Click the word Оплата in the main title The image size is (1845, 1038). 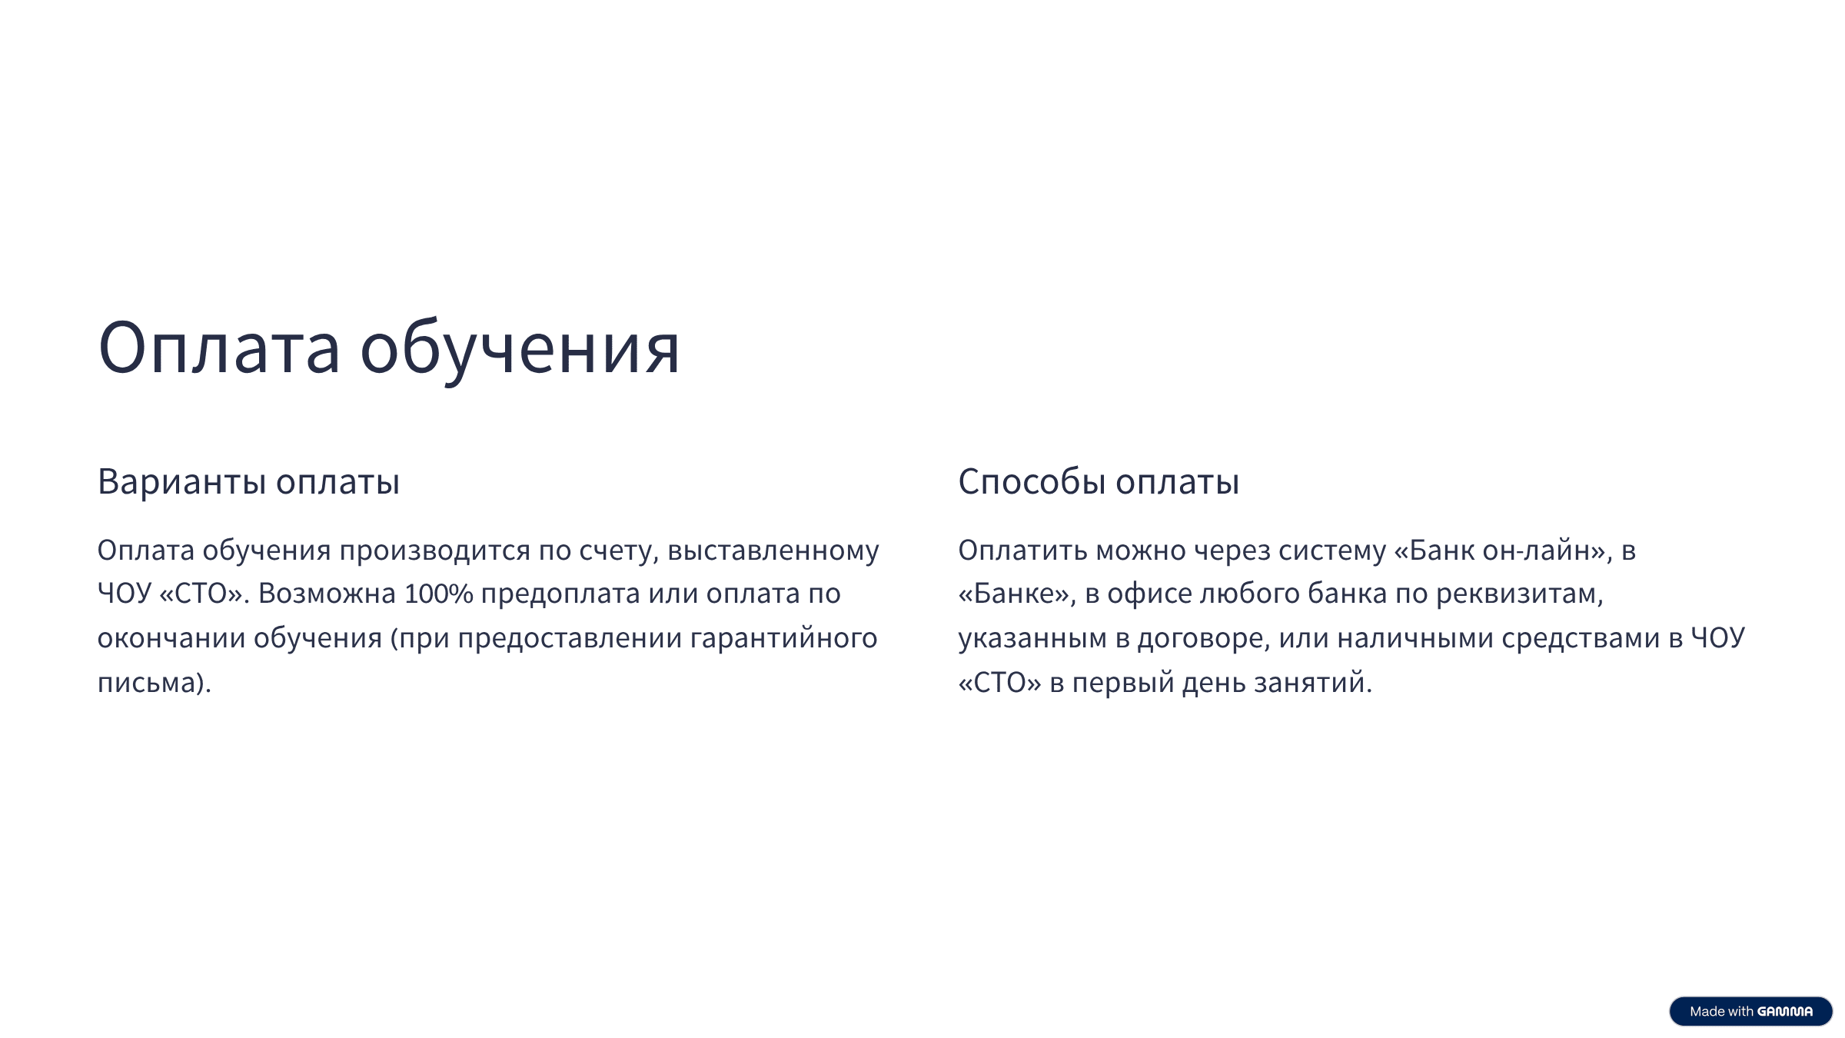click(x=219, y=349)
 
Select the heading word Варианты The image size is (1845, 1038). click(x=182, y=482)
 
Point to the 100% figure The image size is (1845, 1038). click(x=439, y=594)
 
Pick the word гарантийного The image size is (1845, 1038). click(x=783, y=639)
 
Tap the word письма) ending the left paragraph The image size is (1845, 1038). click(x=154, y=683)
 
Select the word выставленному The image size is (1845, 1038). click(x=773, y=551)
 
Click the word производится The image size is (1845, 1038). click(x=435, y=551)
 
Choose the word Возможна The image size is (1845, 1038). click(x=327, y=594)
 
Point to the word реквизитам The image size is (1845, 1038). click(x=1519, y=594)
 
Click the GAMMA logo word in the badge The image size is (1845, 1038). click(x=1785, y=1012)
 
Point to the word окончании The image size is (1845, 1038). click(x=171, y=639)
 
